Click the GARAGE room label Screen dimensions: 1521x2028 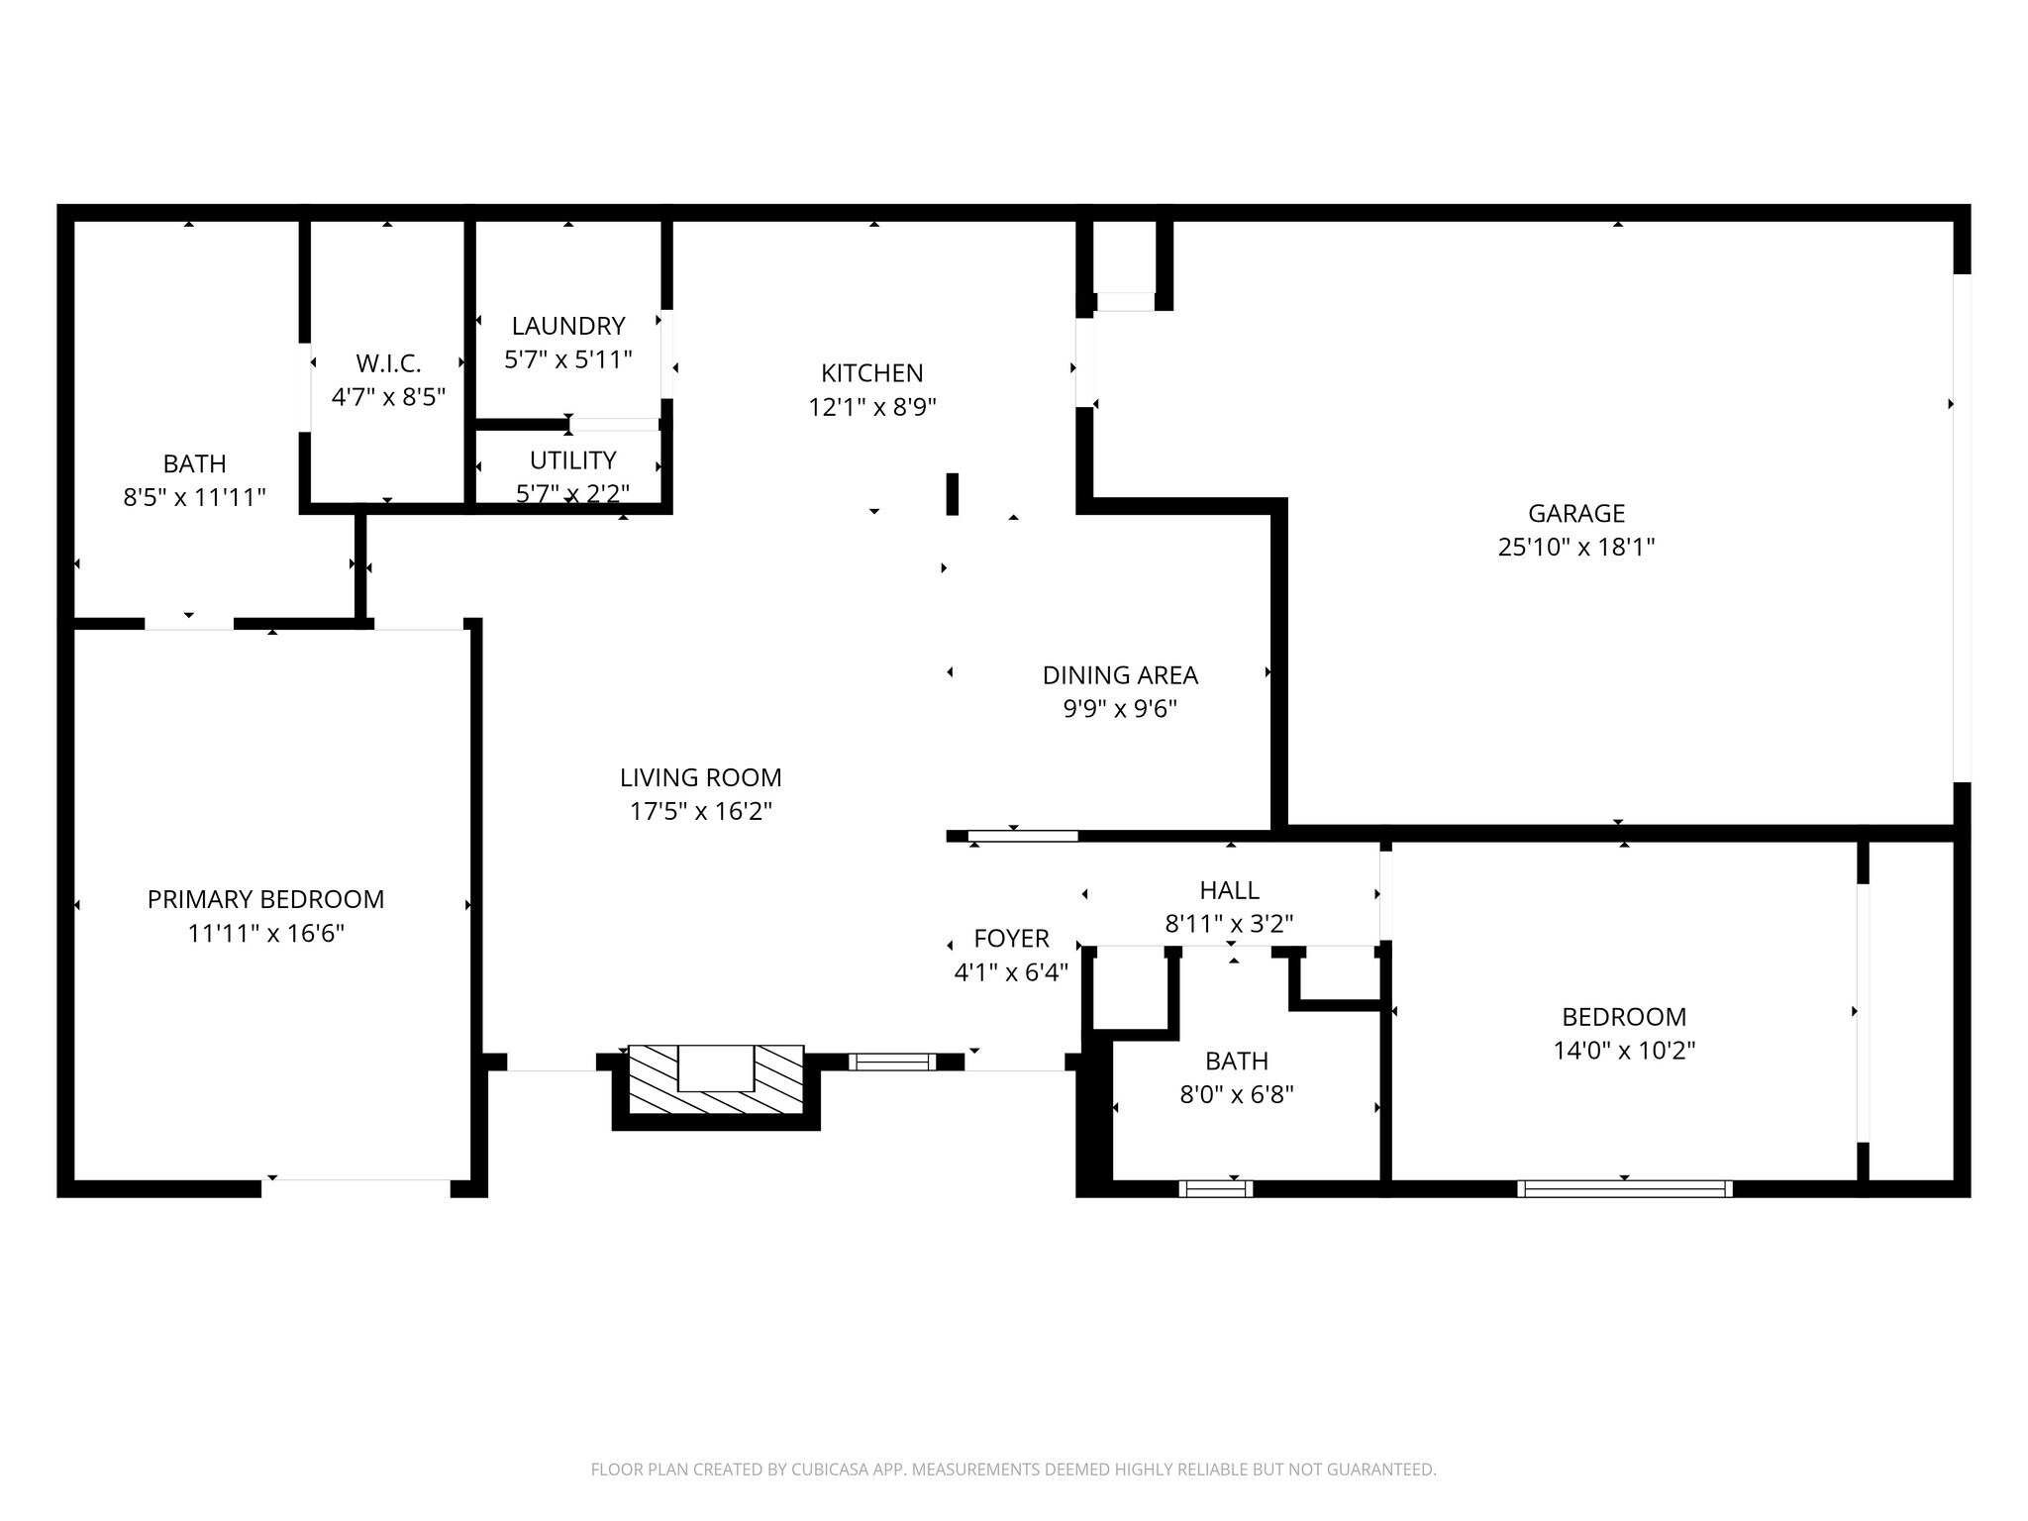tap(1575, 513)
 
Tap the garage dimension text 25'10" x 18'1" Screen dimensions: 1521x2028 tap(1575, 547)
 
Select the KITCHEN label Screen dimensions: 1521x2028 tap(871, 373)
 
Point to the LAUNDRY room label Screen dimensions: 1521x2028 tap(568, 326)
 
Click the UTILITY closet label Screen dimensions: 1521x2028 tap(572, 460)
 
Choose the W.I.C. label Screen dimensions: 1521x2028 tap(388, 363)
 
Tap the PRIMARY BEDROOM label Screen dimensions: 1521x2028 tap(265, 899)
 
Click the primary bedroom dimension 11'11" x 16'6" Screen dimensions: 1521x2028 tap(265, 933)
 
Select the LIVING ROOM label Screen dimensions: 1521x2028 tap(700, 777)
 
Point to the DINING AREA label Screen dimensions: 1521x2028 tap(1120, 675)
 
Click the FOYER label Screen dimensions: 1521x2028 tap(1011, 939)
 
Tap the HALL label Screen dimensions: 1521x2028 tap(1229, 890)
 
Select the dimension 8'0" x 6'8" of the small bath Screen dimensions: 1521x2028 tap(1237, 1094)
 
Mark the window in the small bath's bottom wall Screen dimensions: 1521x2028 tap(1215, 1188)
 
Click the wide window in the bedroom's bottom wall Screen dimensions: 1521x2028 tap(1624, 1188)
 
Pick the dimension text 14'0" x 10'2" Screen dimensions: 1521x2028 tap(1624, 1051)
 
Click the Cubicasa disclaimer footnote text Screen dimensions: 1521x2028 tap(1013, 1470)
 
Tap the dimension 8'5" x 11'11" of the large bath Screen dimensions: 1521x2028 tap(194, 497)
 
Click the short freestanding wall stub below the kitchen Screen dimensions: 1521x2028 tap(952, 494)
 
